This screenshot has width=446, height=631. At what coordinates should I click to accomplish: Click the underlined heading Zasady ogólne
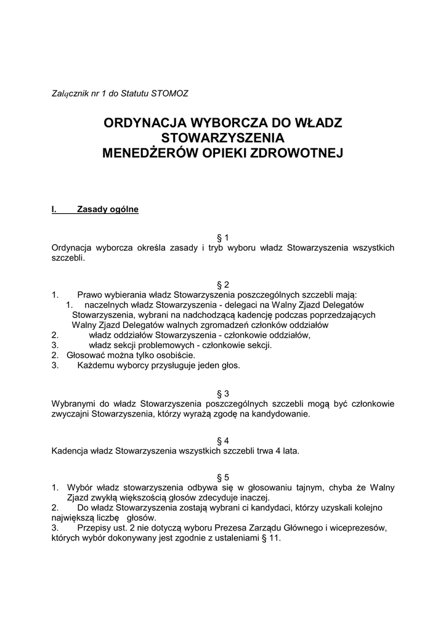(108, 210)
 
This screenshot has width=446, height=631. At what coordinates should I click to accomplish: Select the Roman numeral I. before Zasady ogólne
(54, 210)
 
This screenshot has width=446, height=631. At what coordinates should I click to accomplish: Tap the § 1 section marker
(223, 237)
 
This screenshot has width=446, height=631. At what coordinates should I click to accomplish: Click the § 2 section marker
(223, 285)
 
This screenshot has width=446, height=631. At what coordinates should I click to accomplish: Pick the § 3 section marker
(223, 394)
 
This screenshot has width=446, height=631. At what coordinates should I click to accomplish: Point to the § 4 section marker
(223, 441)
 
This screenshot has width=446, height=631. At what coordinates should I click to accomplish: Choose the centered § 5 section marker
(223, 478)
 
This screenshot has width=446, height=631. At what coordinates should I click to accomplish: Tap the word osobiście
(176, 355)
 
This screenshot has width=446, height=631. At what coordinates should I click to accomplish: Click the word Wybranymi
(72, 404)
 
